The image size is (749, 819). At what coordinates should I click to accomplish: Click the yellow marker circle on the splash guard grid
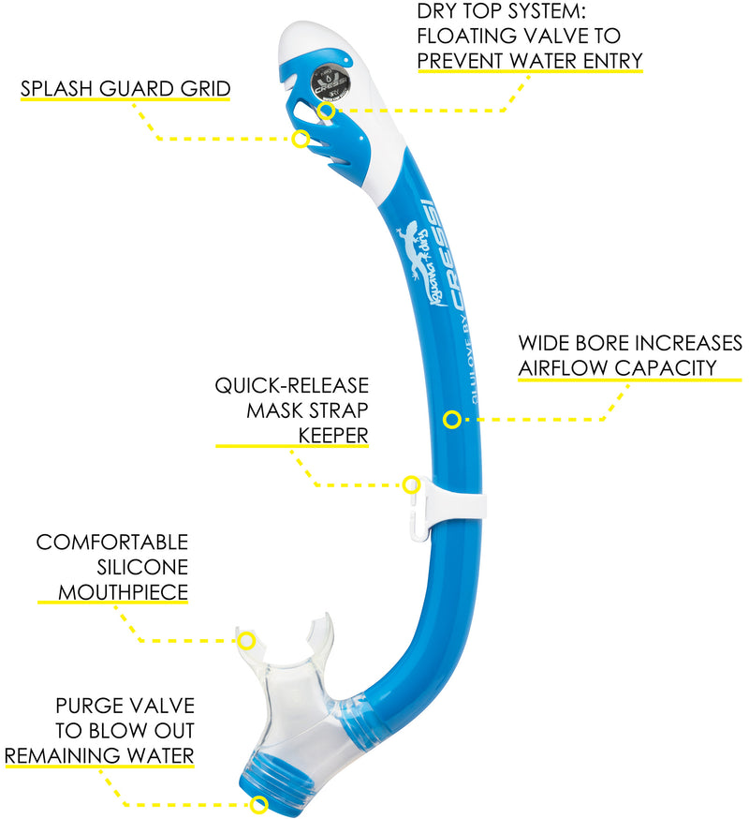(301, 139)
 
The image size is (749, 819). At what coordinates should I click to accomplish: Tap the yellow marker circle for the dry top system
(326, 111)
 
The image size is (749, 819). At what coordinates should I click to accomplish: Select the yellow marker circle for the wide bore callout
(452, 419)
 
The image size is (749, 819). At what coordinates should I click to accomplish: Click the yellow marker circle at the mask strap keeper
(410, 484)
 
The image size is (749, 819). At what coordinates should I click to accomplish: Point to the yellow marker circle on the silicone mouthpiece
(246, 640)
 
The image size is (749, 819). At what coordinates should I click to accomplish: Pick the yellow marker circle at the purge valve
(259, 804)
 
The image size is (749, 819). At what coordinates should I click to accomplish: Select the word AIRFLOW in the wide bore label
(558, 367)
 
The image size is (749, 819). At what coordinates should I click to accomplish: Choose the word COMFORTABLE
(112, 543)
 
